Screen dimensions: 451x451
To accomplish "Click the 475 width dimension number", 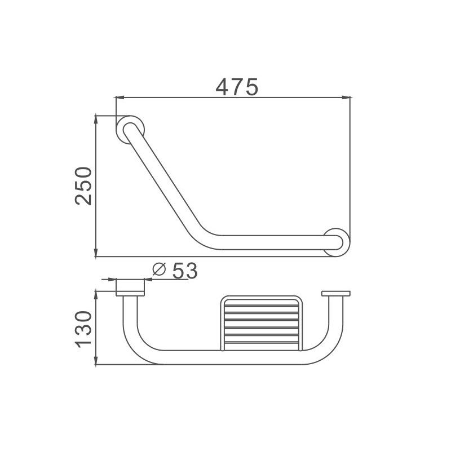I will tap(237, 86).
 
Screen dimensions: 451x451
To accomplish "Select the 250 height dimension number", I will tap(82, 186).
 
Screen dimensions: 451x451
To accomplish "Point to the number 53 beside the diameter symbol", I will tap(184, 271).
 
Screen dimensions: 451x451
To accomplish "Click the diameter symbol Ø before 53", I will tap(159, 271).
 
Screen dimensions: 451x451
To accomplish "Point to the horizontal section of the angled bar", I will tap(271, 242).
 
